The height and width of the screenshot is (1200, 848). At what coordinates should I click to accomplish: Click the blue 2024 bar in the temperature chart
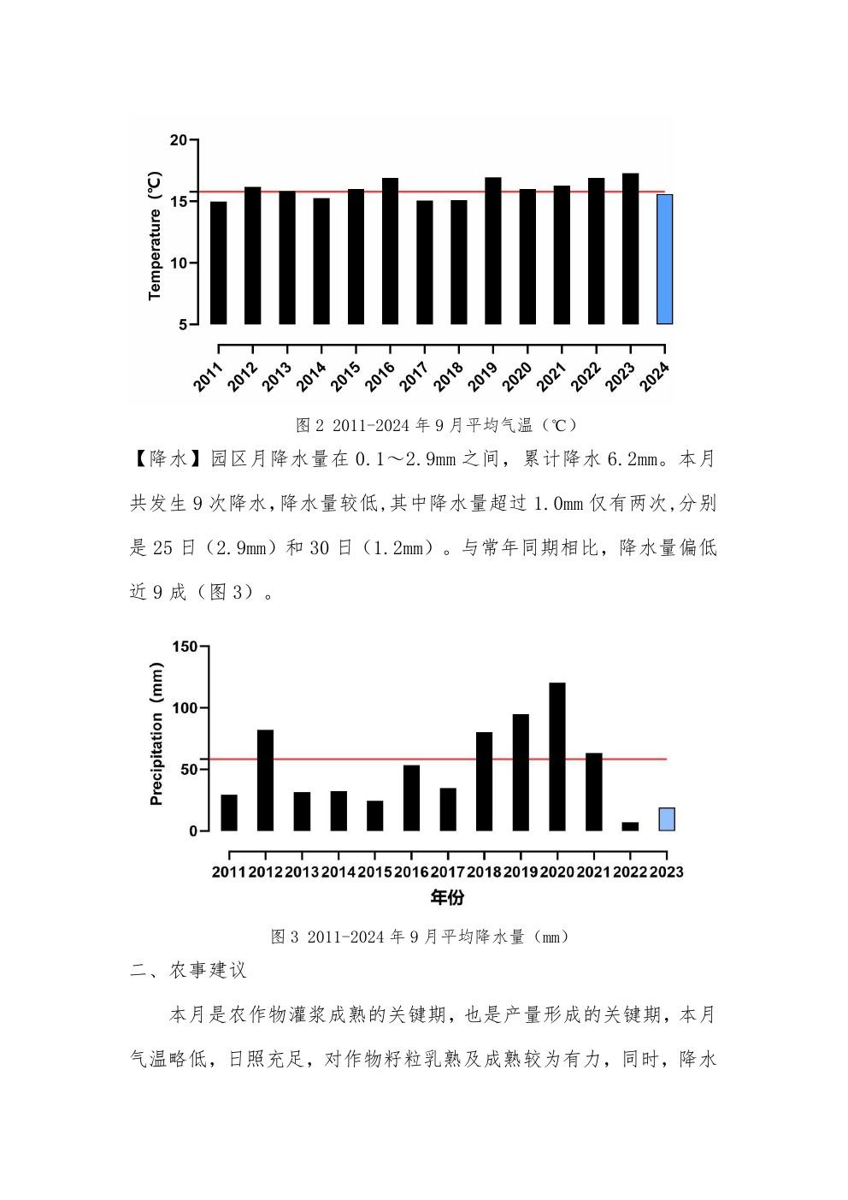(x=664, y=259)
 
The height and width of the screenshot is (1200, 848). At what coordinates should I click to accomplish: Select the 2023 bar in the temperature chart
(x=630, y=249)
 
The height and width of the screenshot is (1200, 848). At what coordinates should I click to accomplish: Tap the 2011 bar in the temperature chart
(x=218, y=263)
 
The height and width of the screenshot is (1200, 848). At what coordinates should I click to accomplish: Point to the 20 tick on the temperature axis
(x=178, y=140)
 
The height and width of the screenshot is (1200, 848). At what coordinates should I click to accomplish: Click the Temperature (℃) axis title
(x=155, y=236)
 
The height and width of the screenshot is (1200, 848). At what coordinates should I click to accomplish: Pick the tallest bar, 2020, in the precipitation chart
(x=556, y=757)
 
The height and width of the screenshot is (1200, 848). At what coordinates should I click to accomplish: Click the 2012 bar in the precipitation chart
(x=265, y=780)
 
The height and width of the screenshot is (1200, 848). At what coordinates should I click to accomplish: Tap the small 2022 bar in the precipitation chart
(x=630, y=826)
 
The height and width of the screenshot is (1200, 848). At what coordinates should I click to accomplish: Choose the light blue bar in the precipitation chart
(x=667, y=819)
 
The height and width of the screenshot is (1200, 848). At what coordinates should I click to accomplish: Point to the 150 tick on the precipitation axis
(x=185, y=647)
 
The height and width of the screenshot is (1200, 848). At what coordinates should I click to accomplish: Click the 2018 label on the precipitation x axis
(x=484, y=872)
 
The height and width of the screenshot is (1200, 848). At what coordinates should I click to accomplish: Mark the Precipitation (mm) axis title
(x=156, y=734)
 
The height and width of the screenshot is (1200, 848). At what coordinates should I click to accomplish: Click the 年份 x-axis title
(x=447, y=898)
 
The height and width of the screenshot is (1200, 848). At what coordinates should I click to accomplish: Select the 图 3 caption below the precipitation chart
(x=419, y=937)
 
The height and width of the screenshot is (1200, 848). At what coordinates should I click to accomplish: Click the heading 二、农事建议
(x=188, y=970)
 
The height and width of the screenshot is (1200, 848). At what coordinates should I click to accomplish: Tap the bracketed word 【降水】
(x=159, y=459)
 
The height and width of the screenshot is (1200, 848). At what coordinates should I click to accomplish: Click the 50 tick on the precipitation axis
(x=188, y=769)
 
